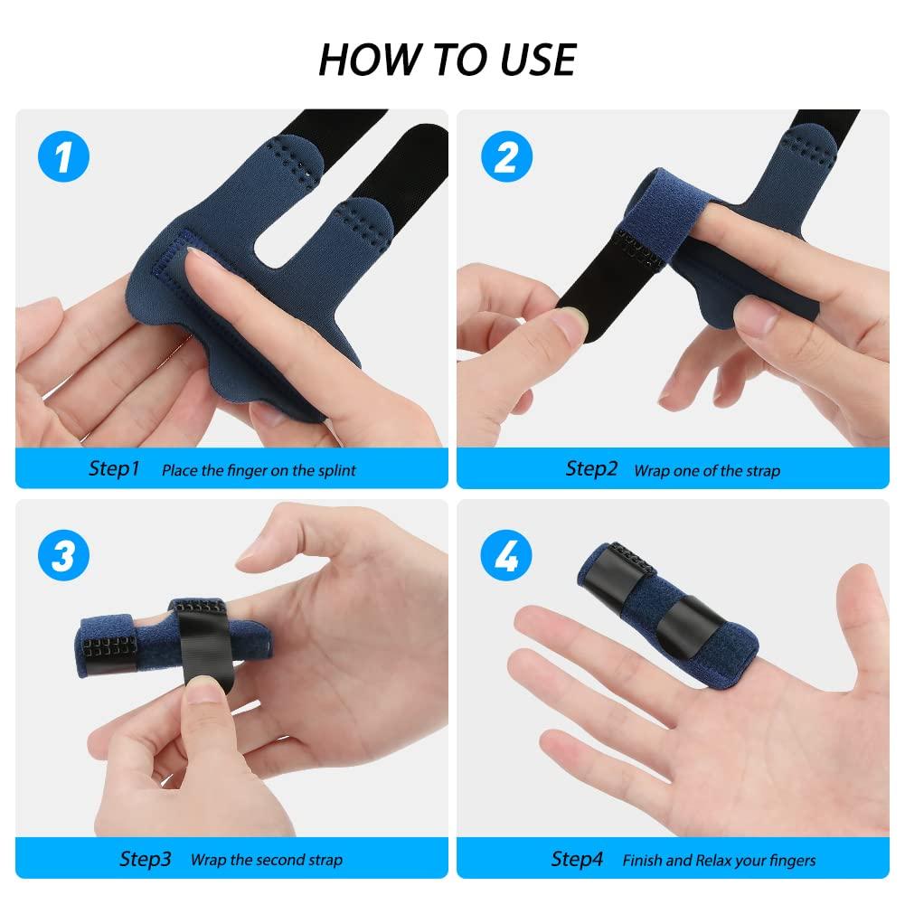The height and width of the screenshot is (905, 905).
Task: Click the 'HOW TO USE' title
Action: (x=448, y=60)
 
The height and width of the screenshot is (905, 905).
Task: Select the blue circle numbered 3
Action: (x=62, y=554)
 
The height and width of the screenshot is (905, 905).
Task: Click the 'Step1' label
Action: (x=114, y=468)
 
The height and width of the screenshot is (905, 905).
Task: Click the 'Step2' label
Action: (x=591, y=468)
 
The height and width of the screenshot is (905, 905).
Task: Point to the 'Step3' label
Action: (x=145, y=859)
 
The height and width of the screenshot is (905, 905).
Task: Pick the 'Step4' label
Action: (x=577, y=859)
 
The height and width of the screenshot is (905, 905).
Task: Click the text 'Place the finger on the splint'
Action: (x=259, y=470)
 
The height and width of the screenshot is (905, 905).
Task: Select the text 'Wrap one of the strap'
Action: (x=706, y=470)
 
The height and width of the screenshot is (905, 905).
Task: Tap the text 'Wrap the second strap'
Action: (x=266, y=861)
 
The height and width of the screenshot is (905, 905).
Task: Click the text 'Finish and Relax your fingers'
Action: (x=719, y=861)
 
